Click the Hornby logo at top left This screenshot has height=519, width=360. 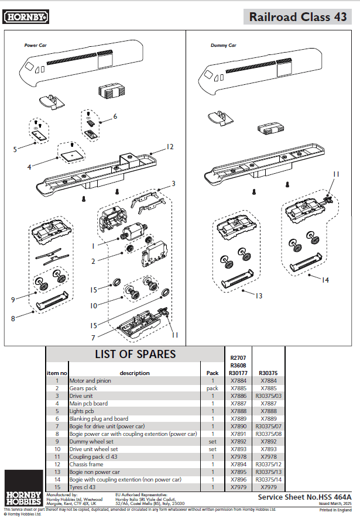(26, 17)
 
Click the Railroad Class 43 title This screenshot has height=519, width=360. (297, 17)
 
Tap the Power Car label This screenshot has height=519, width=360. (35, 45)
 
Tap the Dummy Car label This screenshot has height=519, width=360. (223, 45)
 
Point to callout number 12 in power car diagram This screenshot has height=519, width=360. (170, 147)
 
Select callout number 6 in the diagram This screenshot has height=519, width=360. (115, 116)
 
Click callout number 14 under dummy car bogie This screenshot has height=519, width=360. (325, 280)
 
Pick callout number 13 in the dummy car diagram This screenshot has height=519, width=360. (258, 295)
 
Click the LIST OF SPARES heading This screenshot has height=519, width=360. (135, 354)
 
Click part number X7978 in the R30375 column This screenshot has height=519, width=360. (268, 456)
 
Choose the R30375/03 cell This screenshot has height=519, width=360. (268, 396)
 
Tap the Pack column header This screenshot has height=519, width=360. (212, 373)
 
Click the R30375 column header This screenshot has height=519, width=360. (268, 373)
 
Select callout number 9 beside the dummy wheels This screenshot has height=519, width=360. (12, 300)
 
